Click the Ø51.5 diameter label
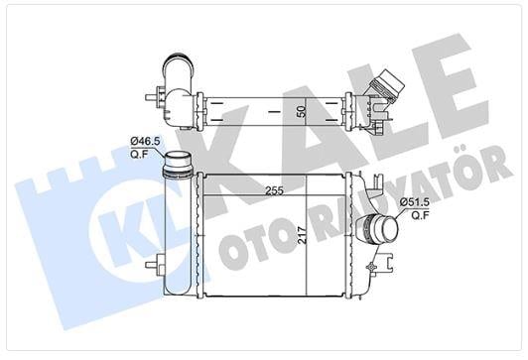click(415, 202)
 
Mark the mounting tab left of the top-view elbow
click(153, 97)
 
